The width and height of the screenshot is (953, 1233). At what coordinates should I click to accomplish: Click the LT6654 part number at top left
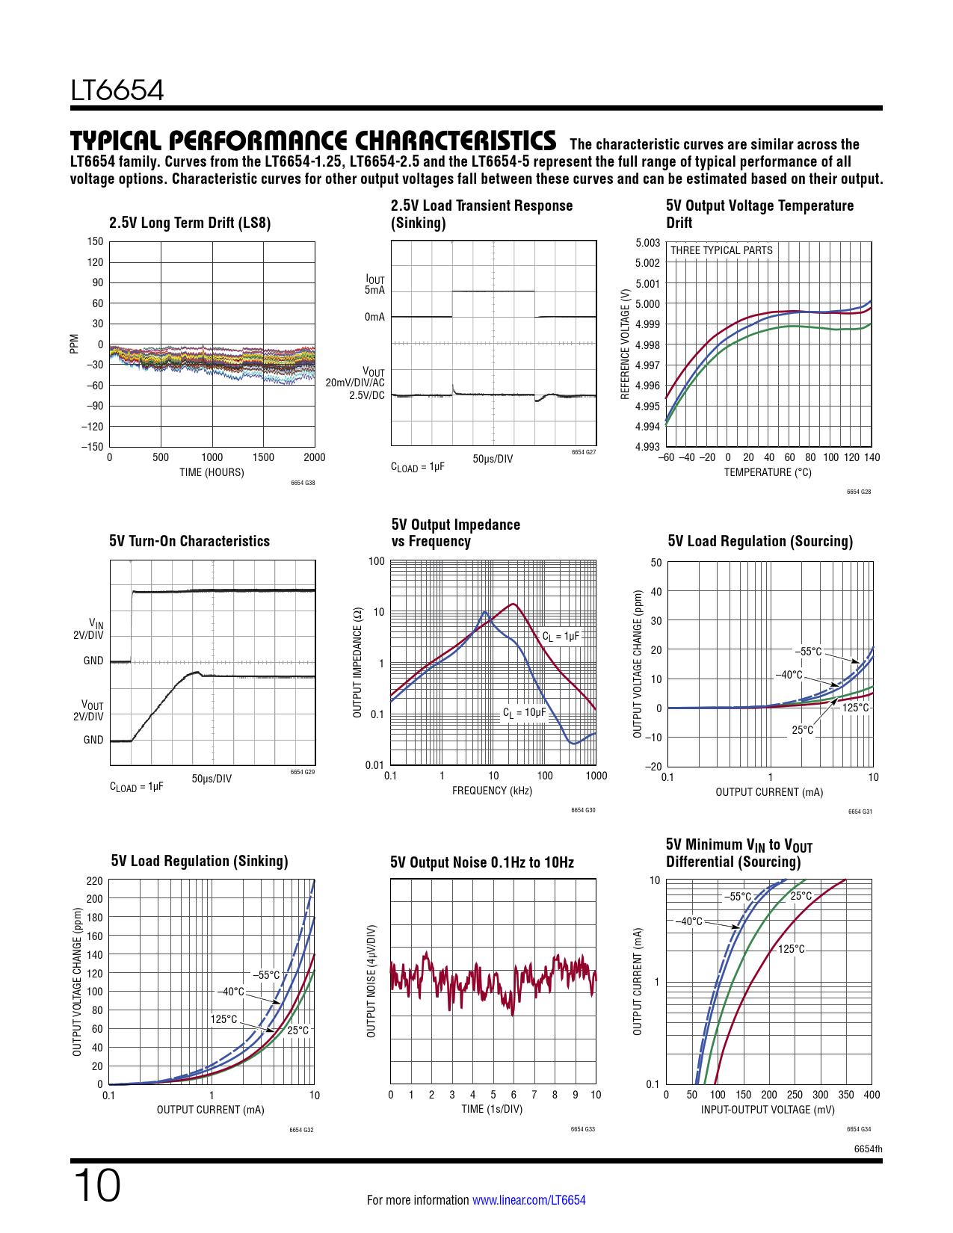tap(117, 90)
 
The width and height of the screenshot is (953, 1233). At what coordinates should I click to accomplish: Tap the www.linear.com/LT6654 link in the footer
tap(528, 1200)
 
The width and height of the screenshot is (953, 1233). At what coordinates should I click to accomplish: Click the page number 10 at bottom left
tap(96, 1186)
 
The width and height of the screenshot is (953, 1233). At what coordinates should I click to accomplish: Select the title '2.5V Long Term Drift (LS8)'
tap(190, 223)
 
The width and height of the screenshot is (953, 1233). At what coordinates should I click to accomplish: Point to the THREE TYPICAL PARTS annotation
tap(721, 250)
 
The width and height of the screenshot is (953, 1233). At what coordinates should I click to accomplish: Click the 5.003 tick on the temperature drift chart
tap(648, 243)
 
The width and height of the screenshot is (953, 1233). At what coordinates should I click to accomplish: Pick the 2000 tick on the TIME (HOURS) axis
tap(315, 457)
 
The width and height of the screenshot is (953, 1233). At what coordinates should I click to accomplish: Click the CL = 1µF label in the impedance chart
tap(561, 637)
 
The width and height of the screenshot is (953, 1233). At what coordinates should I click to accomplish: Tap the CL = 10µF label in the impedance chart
tap(524, 713)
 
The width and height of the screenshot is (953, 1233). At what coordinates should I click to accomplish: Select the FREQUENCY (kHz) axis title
tap(492, 791)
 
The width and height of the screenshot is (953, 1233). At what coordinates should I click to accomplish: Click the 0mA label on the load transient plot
tap(374, 317)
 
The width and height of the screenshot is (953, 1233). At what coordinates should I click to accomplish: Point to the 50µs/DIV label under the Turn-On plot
tap(212, 779)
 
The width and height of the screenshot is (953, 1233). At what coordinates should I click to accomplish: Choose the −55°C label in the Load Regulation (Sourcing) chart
tap(808, 652)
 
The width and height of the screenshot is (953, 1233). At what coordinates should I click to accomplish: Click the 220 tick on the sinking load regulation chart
tap(95, 881)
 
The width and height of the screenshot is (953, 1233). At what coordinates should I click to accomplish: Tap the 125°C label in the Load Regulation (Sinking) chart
tap(223, 1019)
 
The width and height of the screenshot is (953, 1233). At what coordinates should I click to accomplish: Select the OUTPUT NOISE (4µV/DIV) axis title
tap(371, 980)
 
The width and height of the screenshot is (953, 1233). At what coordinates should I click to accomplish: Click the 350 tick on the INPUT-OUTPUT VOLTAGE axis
tap(846, 1095)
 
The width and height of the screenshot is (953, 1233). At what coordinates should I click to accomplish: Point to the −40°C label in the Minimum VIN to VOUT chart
tap(688, 921)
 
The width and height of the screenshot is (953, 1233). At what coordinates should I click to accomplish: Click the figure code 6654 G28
tap(859, 492)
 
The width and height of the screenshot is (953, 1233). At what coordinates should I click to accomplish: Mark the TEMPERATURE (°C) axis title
tap(768, 472)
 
